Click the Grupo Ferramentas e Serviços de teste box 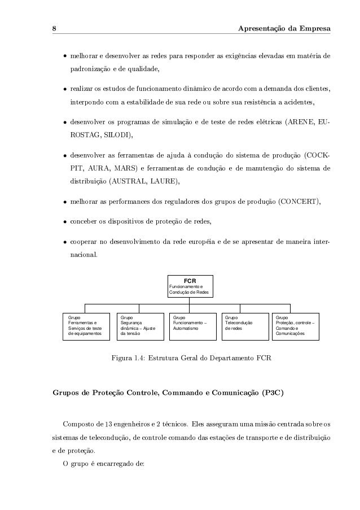tap(85, 326)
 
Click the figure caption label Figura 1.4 tap(128, 358)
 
